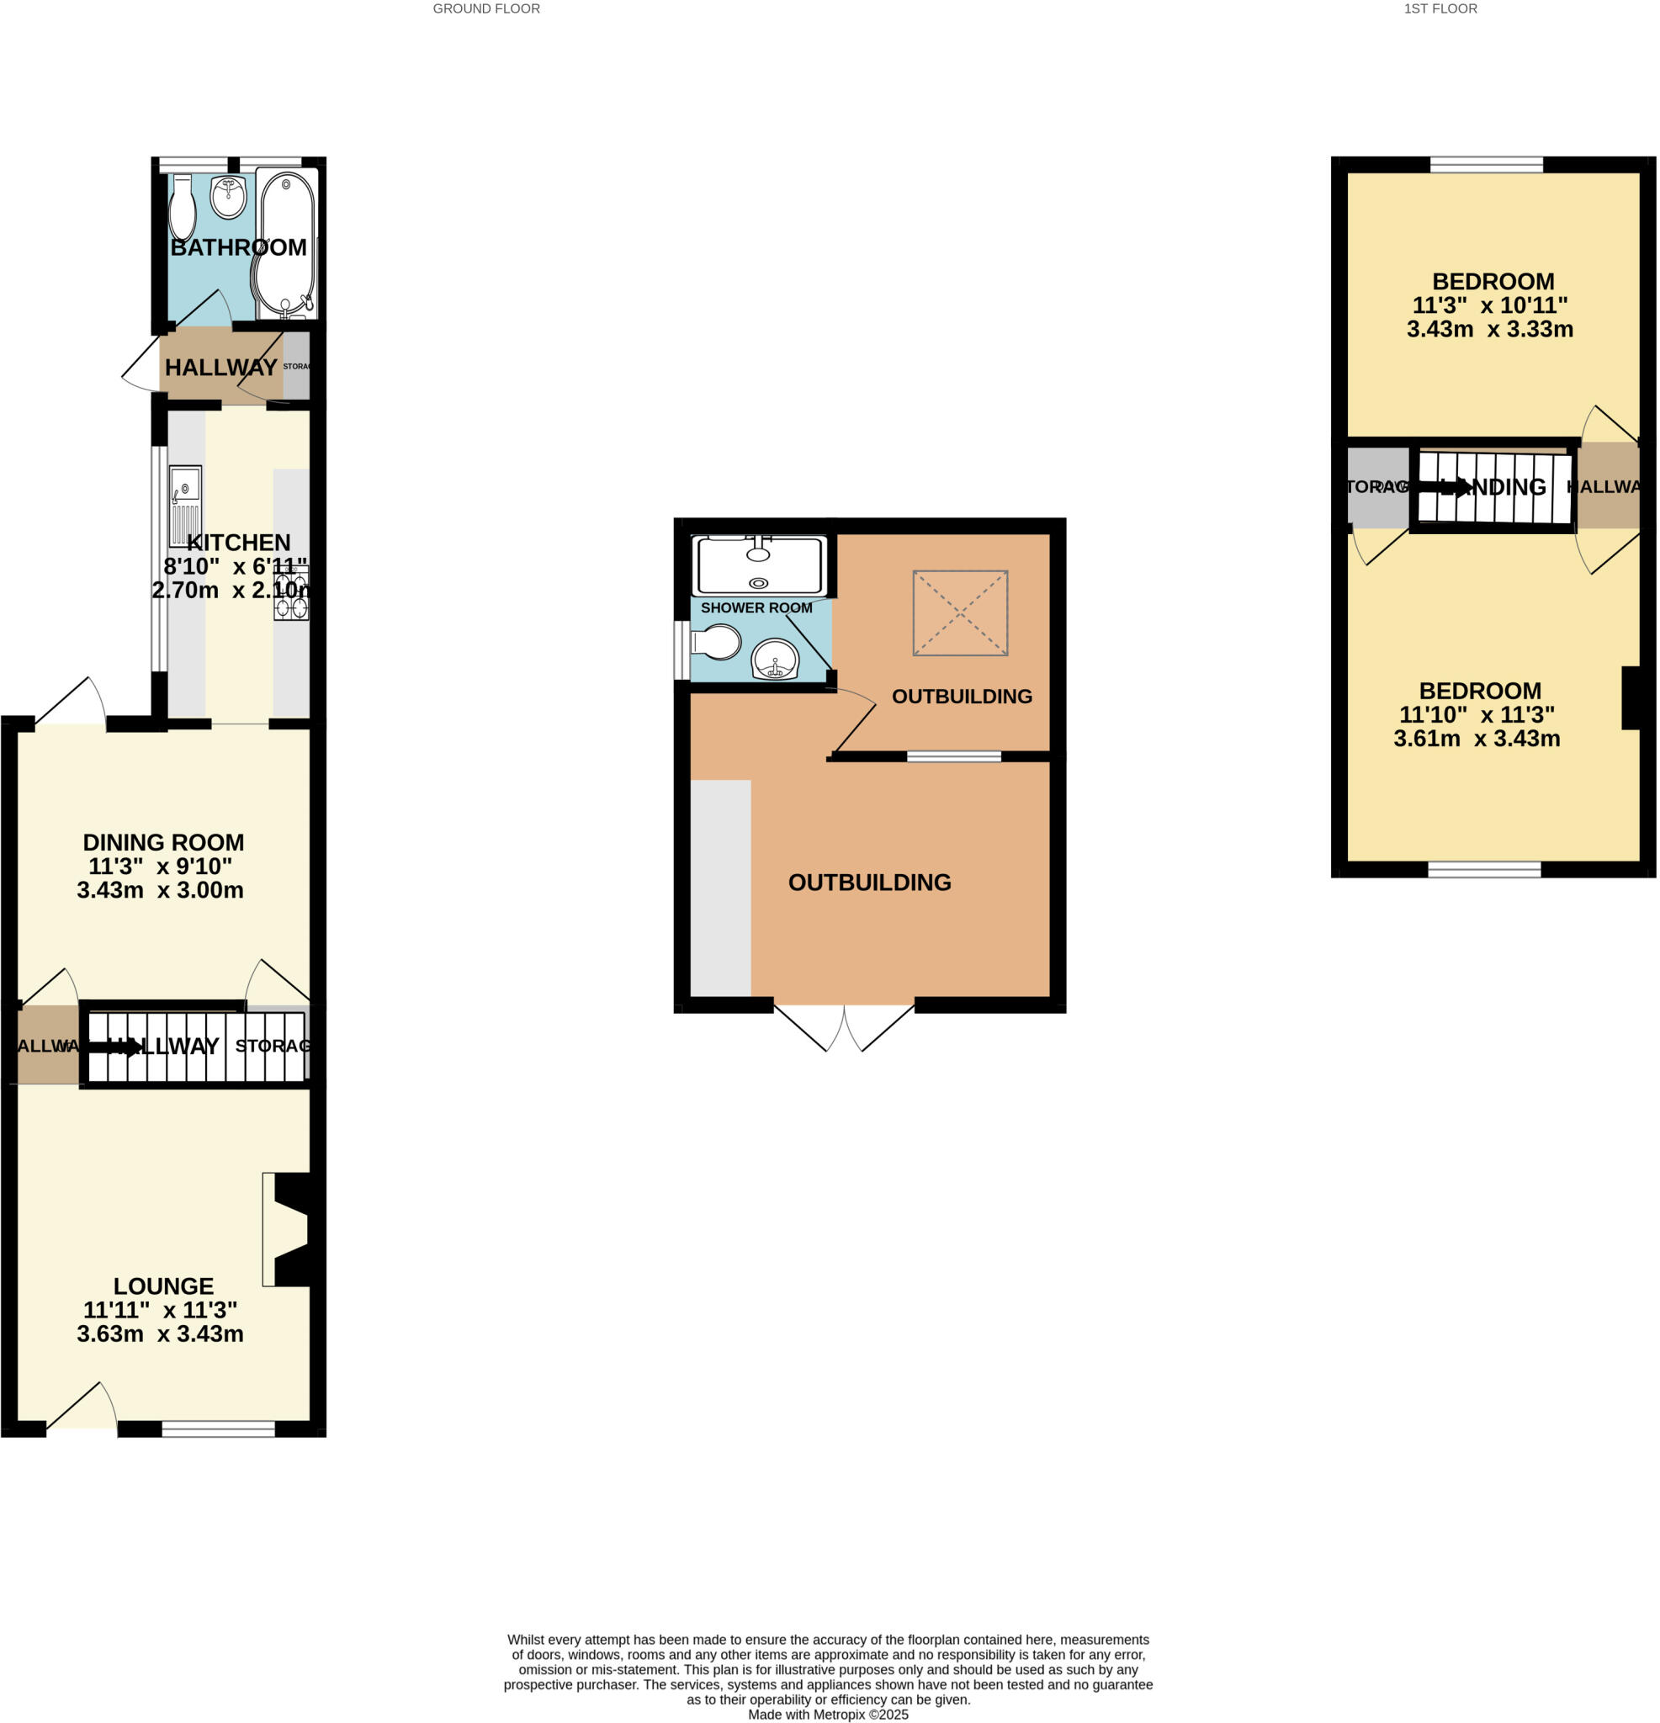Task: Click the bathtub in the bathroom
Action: pyautogui.click(x=286, y=244)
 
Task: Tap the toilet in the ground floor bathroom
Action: pyautogui.click(x=182, y=209)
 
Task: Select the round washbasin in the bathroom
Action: pyautogui.click(x=229, y=197)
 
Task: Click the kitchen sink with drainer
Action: pyautogui.click(x=185, y=505)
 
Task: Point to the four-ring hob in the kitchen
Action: pyautogui.click(x=291, y=593)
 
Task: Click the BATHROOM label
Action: pyautogui.click(x=238, y=248)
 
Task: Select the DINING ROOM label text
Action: pyautogui.click(x=163, y=842)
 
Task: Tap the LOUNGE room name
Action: pyautogui.click(x=163, y=1286)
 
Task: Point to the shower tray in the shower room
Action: pyautogui.click(x=760, y=565)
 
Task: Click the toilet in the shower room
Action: pyautogui.click(x=718, y=642)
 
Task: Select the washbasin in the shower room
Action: pyautogui.click(x=775, y=660)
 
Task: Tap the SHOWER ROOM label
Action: pyautogui.click(x=756, y=607)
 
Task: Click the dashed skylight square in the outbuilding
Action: pyautogui.click(x=960, y=612)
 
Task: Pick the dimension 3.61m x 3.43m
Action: pyautogui.click(x=1477, y=739)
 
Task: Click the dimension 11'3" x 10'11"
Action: pyautogui.click(x=1489, y=305)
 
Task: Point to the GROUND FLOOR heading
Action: pyautogui.click(x=486, y=8)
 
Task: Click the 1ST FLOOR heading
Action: pyautogui.click(x=1440, y=8)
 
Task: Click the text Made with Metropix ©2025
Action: pyautogui.click(x=827, y=1715)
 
